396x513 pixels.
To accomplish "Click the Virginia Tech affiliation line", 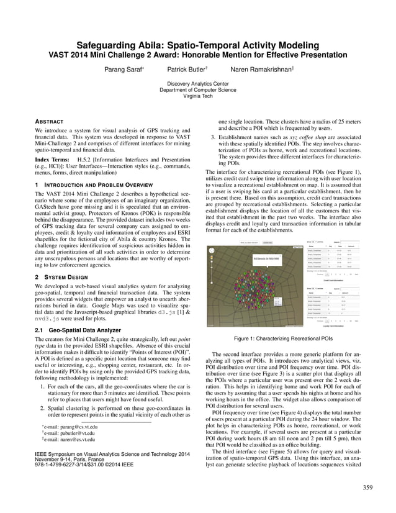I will (198, 96).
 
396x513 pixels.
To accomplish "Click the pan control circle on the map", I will (212, 251).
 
